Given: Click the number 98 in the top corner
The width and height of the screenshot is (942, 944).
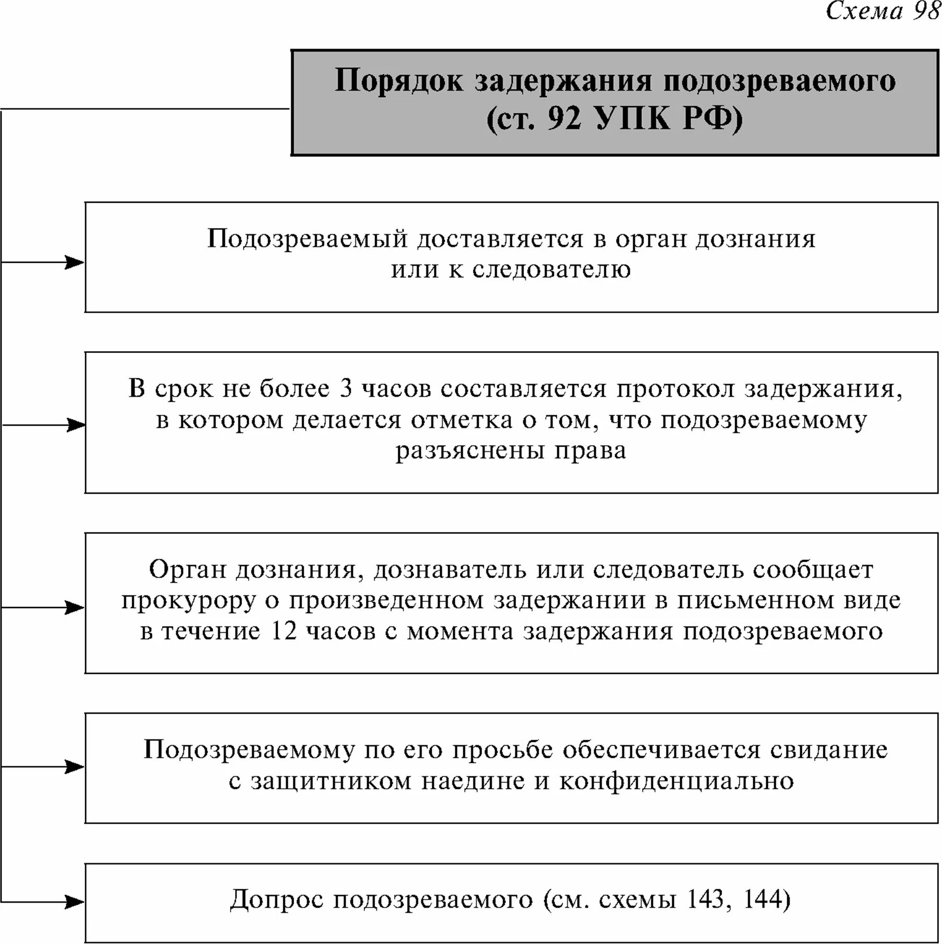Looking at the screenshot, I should (926, 10).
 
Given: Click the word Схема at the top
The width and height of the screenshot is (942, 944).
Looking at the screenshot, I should (865, 10).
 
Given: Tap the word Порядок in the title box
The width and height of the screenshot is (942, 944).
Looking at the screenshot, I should (398, 81).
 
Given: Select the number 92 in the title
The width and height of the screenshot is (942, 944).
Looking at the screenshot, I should (565, 119).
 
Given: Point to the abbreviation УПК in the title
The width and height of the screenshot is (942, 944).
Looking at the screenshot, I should (632, 119).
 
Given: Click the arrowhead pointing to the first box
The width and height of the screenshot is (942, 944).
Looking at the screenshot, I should (74, 262).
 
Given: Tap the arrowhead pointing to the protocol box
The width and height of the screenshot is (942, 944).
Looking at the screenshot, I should (76, 425).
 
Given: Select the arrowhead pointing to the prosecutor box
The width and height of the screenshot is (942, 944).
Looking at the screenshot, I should (74, 608).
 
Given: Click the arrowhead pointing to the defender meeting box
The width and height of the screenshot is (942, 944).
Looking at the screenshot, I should (74, 767).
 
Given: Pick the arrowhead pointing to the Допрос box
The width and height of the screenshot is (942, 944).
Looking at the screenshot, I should (74, 902).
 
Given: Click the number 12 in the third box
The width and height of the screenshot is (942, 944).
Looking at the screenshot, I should (284, 631).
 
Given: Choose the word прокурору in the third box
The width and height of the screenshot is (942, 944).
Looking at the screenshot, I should (189, 601).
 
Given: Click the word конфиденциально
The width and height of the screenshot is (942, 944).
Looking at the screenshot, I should (676, 782).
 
